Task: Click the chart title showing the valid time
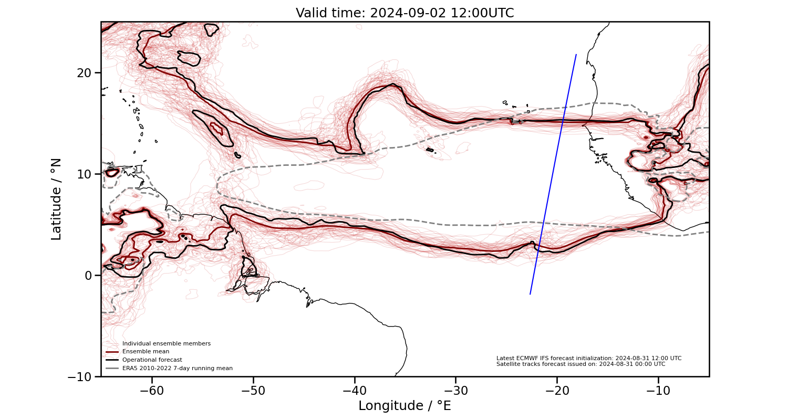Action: point(405,13)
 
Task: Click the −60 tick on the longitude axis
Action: point(152,391)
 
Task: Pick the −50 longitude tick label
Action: point(253,391)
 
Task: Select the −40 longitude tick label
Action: point(354,391)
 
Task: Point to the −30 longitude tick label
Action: point(455,391)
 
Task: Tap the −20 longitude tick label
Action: point(557,391)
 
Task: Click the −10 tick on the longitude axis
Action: point(658,391)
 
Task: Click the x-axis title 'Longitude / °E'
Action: point(405,406)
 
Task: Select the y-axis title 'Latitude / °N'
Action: point(56,199)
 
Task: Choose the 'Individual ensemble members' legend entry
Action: point(166,343)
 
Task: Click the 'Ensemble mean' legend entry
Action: point(146,352)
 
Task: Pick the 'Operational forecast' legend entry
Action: point(152,360)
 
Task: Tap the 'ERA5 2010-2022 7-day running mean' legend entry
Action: point(177,369)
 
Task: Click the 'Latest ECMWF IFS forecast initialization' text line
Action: point(588,358)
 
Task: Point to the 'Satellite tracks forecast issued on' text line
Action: point(580,364)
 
